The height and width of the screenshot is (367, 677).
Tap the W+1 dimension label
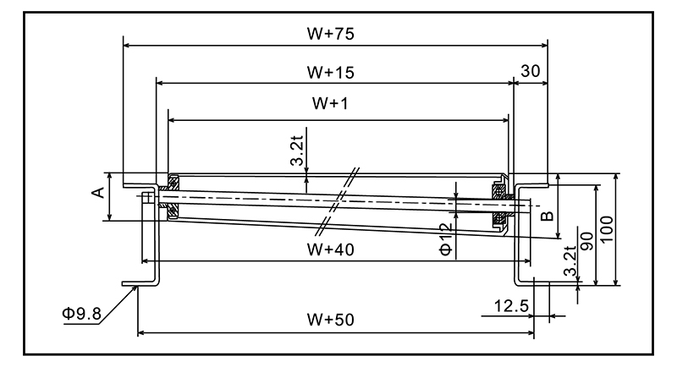(x=331, y=103)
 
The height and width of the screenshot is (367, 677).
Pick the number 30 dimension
(x=531, y=73)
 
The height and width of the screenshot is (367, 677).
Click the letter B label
(x=548, y=216)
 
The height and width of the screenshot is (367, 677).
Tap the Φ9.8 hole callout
(x=81, y=314)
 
